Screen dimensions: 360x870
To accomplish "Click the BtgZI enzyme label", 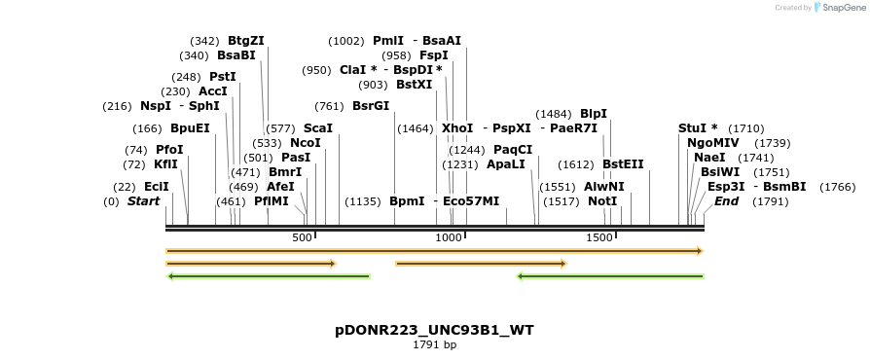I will [x=245, y=41].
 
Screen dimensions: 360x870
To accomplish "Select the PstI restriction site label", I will [x=223, y=77].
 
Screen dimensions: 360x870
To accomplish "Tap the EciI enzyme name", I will [x=157, y=187].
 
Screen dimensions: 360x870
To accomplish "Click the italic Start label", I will [x=143, y=201].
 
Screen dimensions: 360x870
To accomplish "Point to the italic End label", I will [x=726, y=201].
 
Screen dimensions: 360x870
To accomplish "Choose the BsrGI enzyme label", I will [x=371, y=106].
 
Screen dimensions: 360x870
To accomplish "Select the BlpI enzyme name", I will [x=593, y=114].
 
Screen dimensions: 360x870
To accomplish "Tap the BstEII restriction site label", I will [x=623, y=164].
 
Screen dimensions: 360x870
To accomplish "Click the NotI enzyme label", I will [x=602, y=201].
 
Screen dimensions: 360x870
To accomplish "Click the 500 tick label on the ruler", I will [x=302, y=237].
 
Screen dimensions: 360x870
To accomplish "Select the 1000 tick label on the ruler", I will [x=449, y=237].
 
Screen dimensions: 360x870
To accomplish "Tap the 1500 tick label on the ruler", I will [x=599, y=237].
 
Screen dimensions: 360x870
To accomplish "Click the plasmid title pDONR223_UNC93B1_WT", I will [x=434, y=331].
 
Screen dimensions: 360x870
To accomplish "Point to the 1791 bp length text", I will [x=434, y=345].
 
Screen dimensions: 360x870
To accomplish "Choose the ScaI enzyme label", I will [x=318, y=128].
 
